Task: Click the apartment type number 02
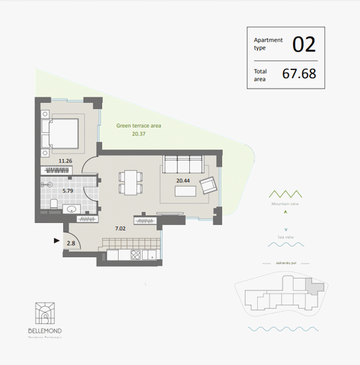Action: pos(304,45)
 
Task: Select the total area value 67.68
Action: pos(299,73)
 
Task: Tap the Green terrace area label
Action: pos(139,126)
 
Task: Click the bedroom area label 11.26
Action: pos(66,161)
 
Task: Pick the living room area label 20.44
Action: pos(183,181)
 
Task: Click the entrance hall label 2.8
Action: pos(71,242)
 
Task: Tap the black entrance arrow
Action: pos(56,240)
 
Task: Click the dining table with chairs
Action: pos(131,182)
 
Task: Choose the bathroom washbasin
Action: pos(72,209)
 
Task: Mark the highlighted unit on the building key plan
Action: pos(315,288)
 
